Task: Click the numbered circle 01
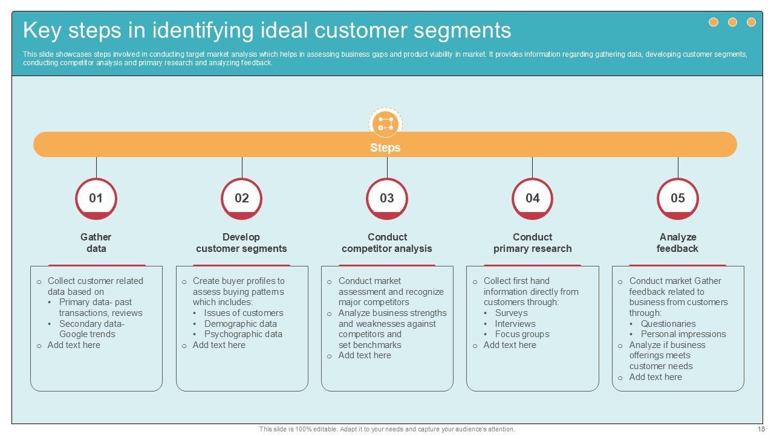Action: click(96, 198)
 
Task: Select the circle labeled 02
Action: click(242, 198)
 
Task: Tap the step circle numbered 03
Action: click(387, 198)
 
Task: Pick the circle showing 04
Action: click(532, 198)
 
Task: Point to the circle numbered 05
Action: click(678, 198)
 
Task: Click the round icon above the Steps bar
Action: click(385, 124)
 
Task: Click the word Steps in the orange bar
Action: click(385, 147)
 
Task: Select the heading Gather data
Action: click(96, 243)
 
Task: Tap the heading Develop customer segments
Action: click(241, 243)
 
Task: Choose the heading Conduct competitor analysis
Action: click(387, 243)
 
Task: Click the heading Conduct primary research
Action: click(532, 243)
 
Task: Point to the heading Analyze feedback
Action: click(678, 243)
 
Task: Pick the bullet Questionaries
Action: click(668, 324)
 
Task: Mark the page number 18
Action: click(761, 429)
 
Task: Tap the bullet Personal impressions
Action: click(683, 334)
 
